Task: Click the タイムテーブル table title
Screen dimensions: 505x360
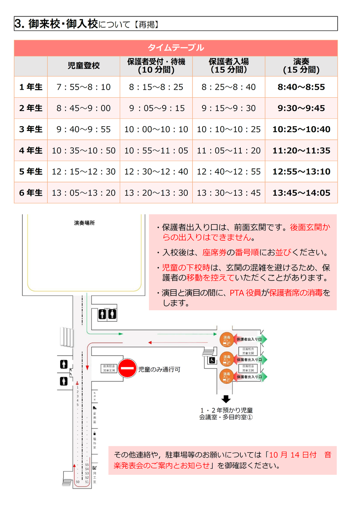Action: point(176,48)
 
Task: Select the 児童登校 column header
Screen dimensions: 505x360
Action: point(83,66)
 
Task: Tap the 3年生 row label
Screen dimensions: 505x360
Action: point(31,129)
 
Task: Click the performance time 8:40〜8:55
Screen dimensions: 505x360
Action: point(301,87)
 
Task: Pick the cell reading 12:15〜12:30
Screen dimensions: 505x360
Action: point(83,171)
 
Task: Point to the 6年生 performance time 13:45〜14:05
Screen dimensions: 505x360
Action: point(301,193)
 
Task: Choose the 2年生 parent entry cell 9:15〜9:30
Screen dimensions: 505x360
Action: point(229,108)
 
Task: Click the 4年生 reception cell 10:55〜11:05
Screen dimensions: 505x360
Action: point(156,150)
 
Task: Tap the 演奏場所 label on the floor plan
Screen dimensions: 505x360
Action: point(84,223)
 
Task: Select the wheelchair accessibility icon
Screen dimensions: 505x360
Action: point(212,360)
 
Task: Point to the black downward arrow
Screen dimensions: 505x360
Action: point(227,399)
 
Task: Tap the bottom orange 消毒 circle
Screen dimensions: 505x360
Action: point(227,375)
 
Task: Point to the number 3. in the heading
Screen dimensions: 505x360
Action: point(19,24)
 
